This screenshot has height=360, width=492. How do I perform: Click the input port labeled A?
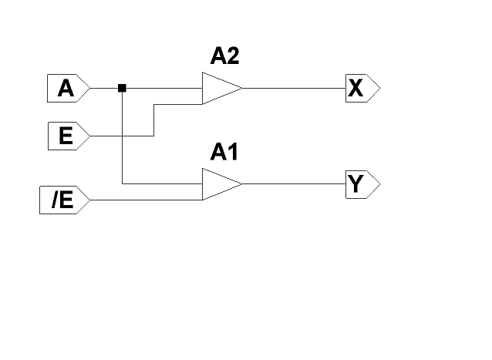67,89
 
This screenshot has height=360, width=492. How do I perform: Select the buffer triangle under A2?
219,89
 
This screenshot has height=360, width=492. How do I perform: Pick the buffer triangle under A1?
219,185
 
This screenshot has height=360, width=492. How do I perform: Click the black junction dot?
122,88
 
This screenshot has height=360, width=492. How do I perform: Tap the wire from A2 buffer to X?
293,89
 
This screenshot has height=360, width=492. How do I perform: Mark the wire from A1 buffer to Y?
293,185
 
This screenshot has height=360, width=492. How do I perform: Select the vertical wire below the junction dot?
122,139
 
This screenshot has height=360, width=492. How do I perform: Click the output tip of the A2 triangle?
241,89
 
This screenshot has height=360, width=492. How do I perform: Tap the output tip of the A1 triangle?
241,185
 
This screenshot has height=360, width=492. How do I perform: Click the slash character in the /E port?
55,201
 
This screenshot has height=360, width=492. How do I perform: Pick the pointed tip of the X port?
379,89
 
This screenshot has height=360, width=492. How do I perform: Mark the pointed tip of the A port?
90,89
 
